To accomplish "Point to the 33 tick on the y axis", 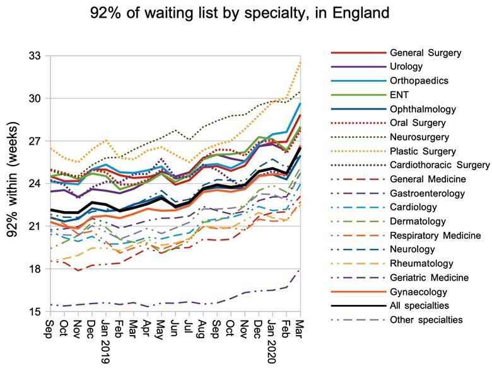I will pyautogui.click(x=33, y=56).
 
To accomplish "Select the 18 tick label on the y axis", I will pyautogui.click(x=33, y=269).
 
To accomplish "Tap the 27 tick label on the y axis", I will pyautogui.click(x=33, y=141).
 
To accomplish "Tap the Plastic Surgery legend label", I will pyautogui.click(x=422, y=151).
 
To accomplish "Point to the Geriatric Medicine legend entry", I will pyautogui.click(x=428, y=278).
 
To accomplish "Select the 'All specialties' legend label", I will pyautogui.click(x=421, y=305).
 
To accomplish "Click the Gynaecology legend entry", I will pyautogui.click(x=419, y=292).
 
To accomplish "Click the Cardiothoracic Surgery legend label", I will pyautogui.click(x=440, y=165).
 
